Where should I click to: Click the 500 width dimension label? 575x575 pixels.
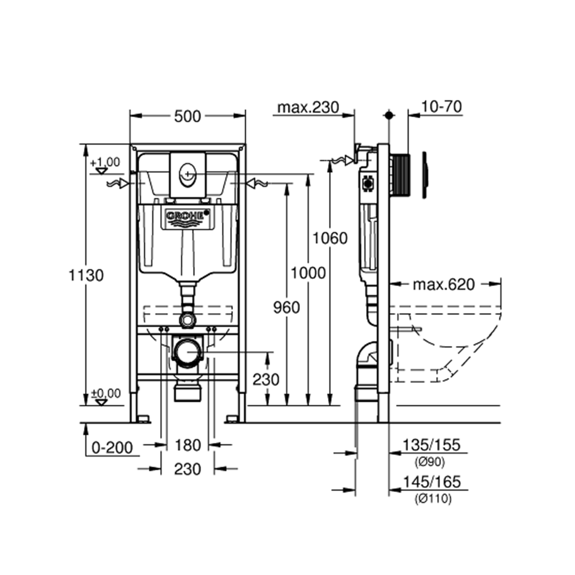click(187, 116)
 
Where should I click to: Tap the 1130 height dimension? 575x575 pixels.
click(86, 275)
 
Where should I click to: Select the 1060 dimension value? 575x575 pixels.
click(330, 238)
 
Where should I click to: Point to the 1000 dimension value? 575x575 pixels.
click(308, 273)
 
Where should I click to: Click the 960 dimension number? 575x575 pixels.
click(287, 308)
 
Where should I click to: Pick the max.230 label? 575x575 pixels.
click(308, 107)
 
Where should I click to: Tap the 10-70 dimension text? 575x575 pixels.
click(442, 106)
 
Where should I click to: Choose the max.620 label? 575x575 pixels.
click(444, 285)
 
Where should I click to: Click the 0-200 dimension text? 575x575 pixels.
click(112, 448)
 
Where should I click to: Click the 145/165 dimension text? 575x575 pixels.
click(431, 482)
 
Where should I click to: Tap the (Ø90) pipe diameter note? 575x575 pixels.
click(430, 462)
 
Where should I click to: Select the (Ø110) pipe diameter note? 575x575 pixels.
click(433, 498)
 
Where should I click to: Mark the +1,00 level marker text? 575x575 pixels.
click(105, 162)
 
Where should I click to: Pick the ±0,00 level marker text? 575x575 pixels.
click(106, 394)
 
